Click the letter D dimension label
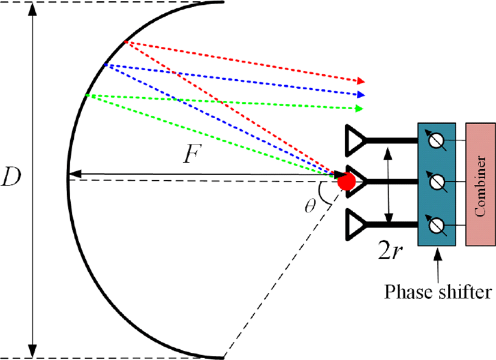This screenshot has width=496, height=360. [x=11, y=176]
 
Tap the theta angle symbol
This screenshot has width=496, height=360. [x=310, y=206]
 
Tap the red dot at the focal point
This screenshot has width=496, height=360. [x=346, y=182]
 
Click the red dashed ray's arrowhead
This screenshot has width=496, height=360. [x=361, y=81]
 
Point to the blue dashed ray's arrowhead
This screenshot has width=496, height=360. [x=361, y=94]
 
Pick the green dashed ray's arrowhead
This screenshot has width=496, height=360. [x=359, y=109]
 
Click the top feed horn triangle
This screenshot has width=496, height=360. [x=356, y=140]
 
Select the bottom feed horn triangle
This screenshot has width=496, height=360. [x=356, y=224]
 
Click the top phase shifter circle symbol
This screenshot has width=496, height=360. [x=437, y=140]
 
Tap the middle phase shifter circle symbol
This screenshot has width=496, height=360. [x=437, y=182]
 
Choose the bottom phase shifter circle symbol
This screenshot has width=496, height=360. [x=437, y=225]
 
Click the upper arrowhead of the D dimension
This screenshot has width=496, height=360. [x=32, y=10]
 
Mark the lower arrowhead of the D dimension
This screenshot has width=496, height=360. [x=32, y=351]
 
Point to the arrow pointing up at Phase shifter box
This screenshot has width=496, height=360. [x=438, y=266]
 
